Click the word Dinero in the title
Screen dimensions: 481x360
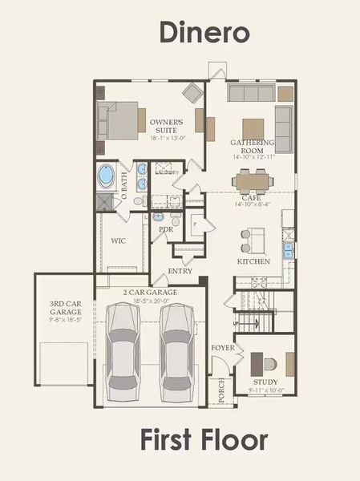[204, 32]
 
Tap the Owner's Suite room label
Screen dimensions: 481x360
[167, 127]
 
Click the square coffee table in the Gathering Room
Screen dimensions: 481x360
[253, 128]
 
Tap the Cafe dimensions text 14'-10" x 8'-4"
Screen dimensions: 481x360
[252, 204]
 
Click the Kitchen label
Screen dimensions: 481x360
[253, 261]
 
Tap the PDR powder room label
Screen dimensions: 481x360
[166, 229]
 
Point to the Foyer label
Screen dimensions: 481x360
[222, 348]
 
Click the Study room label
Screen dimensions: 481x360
[265, 382]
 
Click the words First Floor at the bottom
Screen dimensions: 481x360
[204, 440]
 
